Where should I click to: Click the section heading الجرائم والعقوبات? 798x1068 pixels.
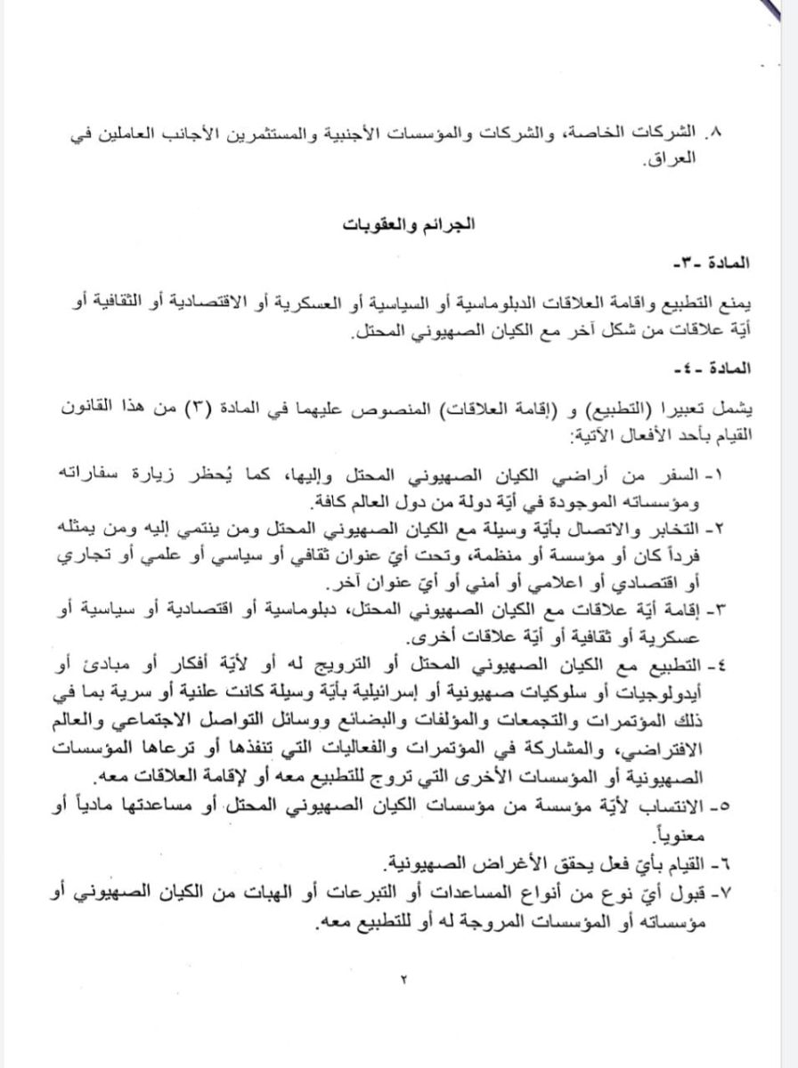pyautogui.click(x=398, y=225)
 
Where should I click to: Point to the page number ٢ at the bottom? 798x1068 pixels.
pyautogui.click(x=402, y=979)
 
